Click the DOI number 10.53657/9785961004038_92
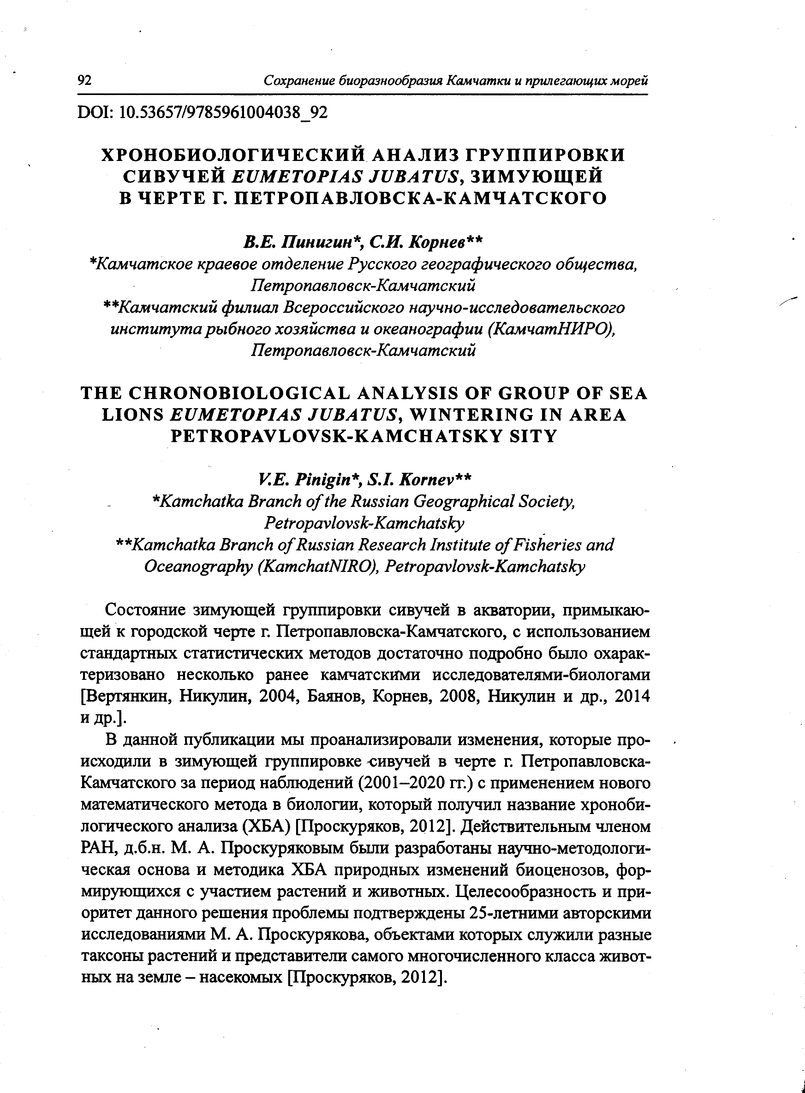coord(223,113)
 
